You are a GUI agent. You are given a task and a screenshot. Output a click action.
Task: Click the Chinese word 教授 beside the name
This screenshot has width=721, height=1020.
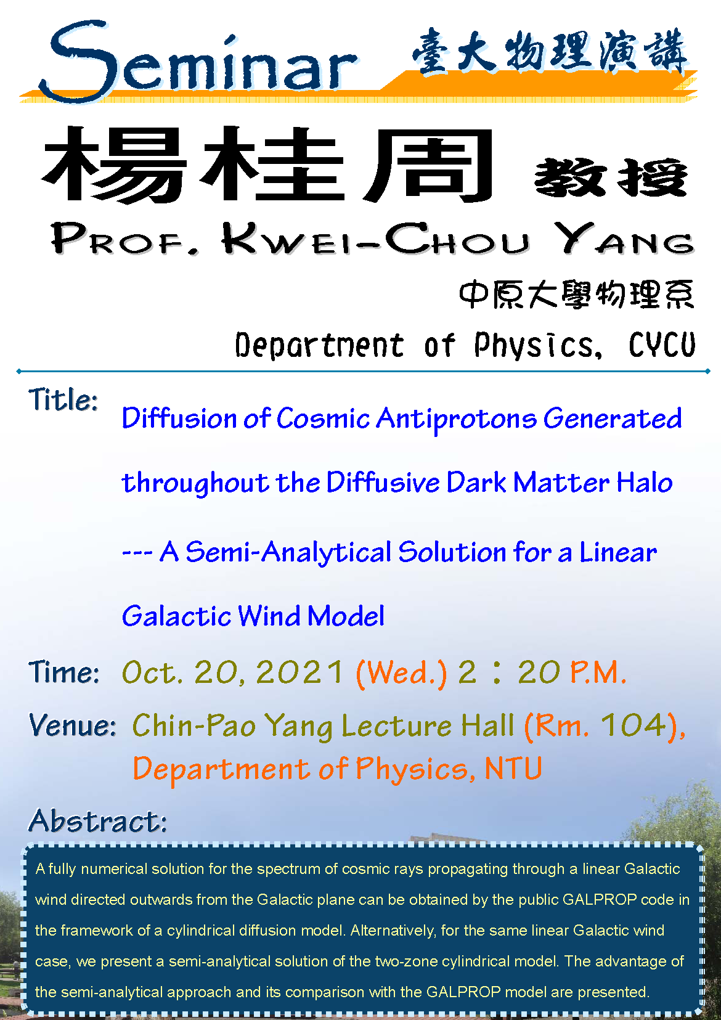pyautogui.click(x=611, y=177)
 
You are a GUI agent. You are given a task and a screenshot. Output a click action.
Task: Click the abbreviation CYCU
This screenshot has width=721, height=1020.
pyautogui.click(x=662, y=345)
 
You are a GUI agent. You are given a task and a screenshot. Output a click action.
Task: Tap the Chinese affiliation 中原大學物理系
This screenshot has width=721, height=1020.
pyautogui.click(x=576, y=294)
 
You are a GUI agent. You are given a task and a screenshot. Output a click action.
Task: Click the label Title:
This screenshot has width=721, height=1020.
pyautogui.click(x=63, y=400)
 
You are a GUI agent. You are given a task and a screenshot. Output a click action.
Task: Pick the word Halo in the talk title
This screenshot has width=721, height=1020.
pyautogui.click(x=645, y=482)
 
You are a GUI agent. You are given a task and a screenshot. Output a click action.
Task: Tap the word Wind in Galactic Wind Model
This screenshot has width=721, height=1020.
pyautogui.click(x=269, y=616)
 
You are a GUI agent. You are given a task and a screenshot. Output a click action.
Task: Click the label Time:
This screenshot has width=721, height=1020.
pyautogui.click(x=63, y=672)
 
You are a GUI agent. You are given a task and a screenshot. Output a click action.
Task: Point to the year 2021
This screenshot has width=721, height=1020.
pyautogui.click(x=299, y=672)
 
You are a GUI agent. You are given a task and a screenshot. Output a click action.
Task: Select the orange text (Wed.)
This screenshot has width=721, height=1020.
pyautogui.click(x=401, y=673)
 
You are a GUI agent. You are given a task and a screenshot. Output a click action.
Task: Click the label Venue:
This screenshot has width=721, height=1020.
pyautogui.click(x=72, y=725)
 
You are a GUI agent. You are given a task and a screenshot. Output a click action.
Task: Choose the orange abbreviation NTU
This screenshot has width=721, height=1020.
pyautogui.click(x=513, y=769)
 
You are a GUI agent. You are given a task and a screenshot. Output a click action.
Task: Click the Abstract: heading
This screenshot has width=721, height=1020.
pyautogui.click(x=98, y=821)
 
